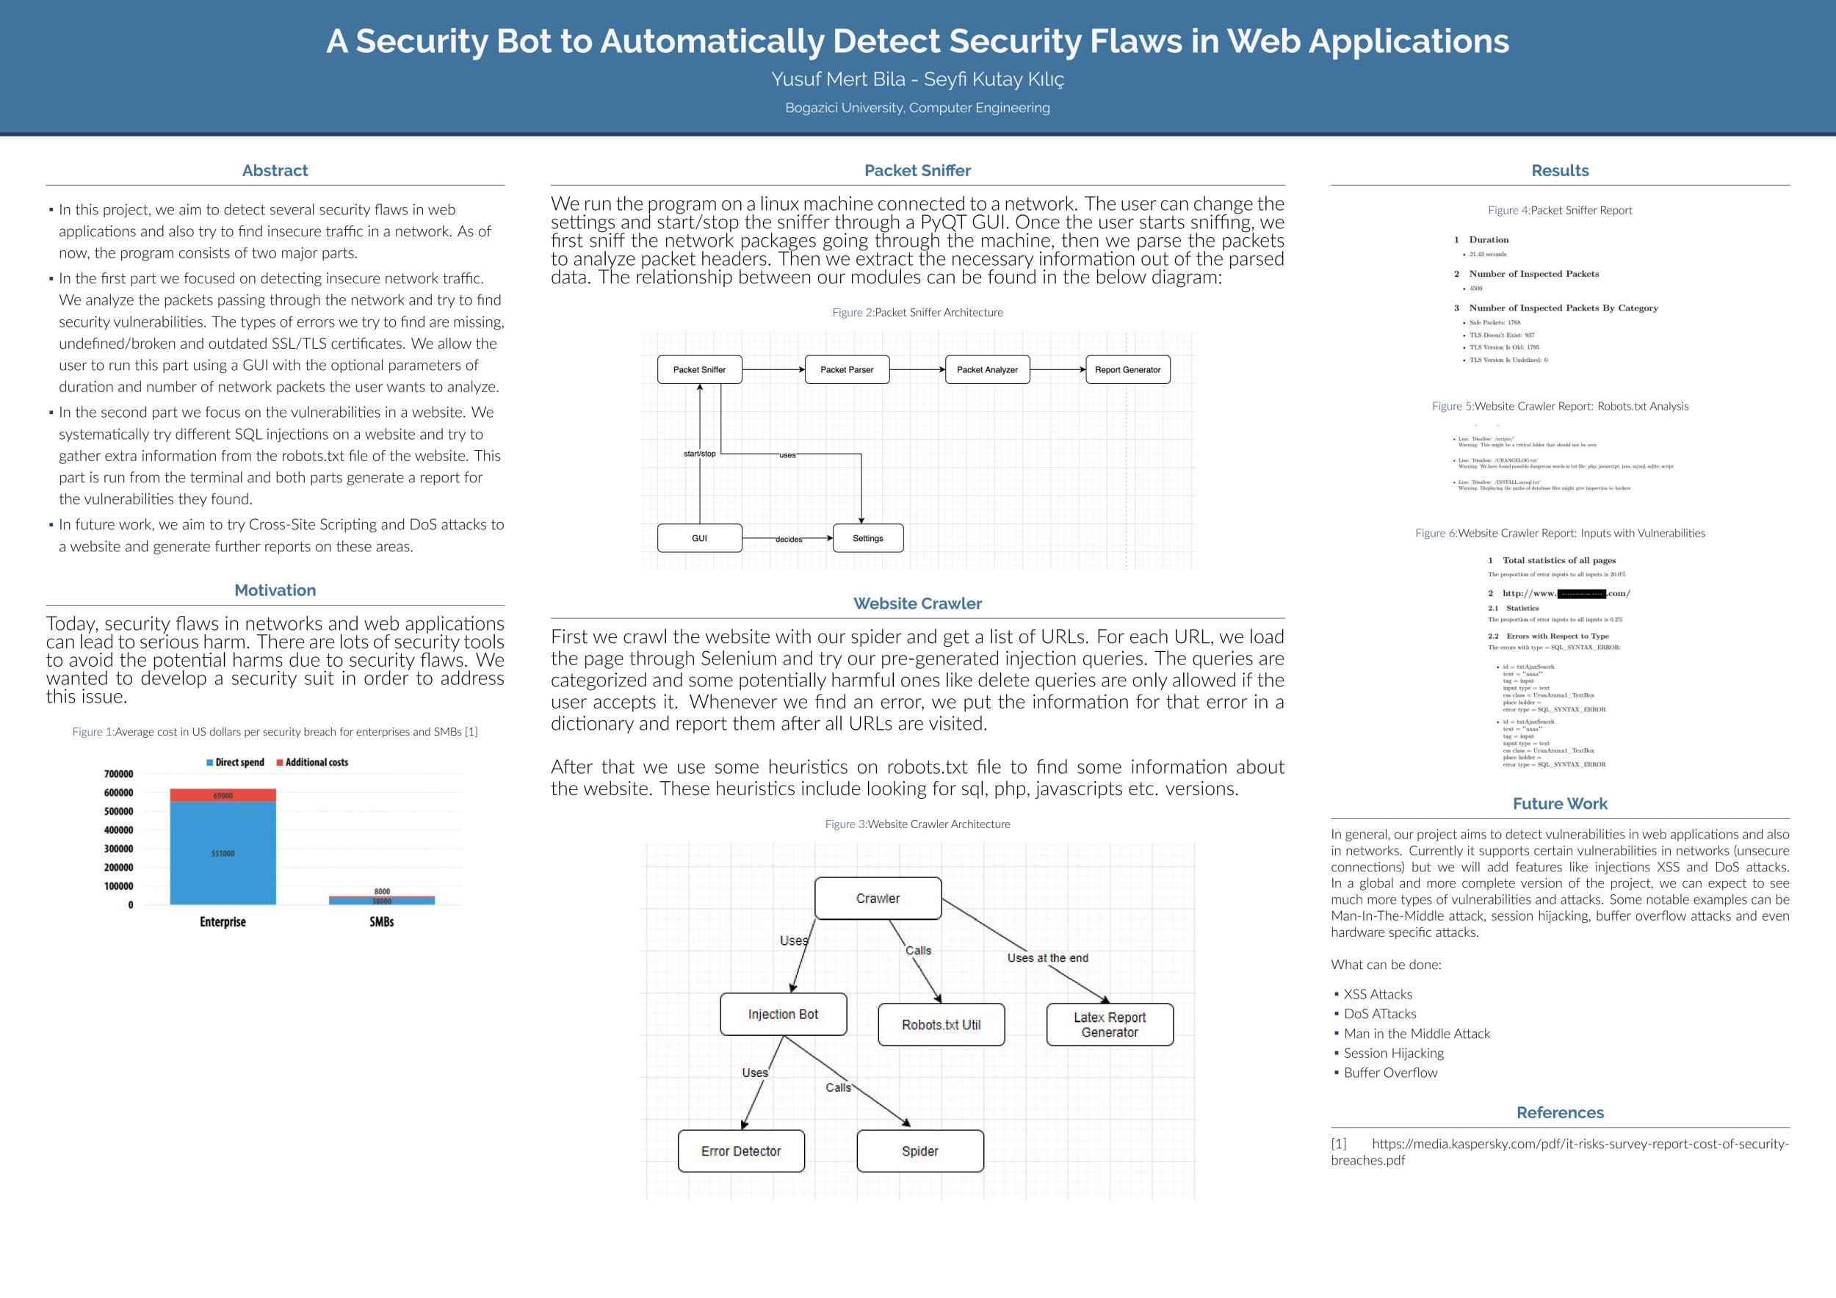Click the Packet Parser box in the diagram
[x=846, y=369]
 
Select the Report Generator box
[x=1127, y=369]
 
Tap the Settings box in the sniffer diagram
[x=867, y=538]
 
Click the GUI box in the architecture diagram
[x=699, y=538]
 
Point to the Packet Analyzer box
[x=987, y=369]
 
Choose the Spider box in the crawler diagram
[x=919, y=1151]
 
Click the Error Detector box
[x=740, y=1151]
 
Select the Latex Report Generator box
[x=1109, y=1025]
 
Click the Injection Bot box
[x=783, y=1015]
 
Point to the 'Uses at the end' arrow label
[x=1047, y=957]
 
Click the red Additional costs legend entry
[x=313, y=763]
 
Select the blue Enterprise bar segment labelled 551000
[x=223, y=854]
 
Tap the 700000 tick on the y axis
[x=118, y=774]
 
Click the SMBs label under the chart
[x=381, y=921]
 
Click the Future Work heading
[x=1559, y=803]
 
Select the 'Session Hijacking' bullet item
[x=1393, y=1053]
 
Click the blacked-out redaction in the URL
[x=1581, y=594]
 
